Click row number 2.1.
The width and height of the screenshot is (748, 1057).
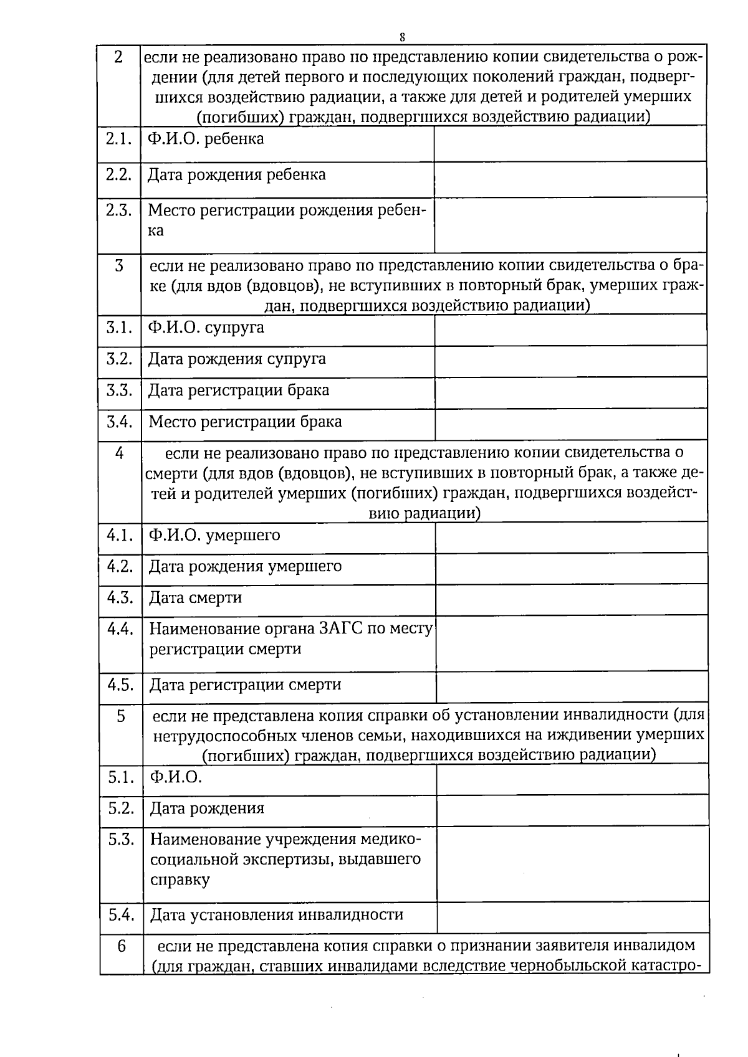[x=118, y=139]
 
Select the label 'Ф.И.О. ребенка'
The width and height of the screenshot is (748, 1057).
[x=206, y=139]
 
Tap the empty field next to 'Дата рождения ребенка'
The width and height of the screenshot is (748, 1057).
[x=570, y=180]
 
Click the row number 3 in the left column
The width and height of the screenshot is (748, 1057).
[x=119, y=267]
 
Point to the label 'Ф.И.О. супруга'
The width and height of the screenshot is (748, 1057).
[x=206, y=328]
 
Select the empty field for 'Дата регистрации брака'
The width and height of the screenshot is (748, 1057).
[x=570, y=392]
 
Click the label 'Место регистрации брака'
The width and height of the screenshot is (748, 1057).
[x=245, y=422]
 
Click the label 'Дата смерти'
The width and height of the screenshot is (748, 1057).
[x=196, y=598]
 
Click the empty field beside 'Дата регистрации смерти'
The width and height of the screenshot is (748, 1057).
[x=572, y=686]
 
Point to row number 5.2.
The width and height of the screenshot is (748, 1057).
[x=121, y=808]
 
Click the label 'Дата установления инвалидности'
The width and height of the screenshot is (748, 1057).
[x=277, y=915]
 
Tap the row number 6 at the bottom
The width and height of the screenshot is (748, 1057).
[x=121, y=946]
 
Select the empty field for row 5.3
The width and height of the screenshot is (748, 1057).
[x=572, y=863]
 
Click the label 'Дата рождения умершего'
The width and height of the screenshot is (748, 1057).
[x=245, y=567]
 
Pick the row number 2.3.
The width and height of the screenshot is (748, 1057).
[x=118, y=211]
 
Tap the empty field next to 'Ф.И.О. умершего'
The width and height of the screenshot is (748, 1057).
[x=571, y=537]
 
